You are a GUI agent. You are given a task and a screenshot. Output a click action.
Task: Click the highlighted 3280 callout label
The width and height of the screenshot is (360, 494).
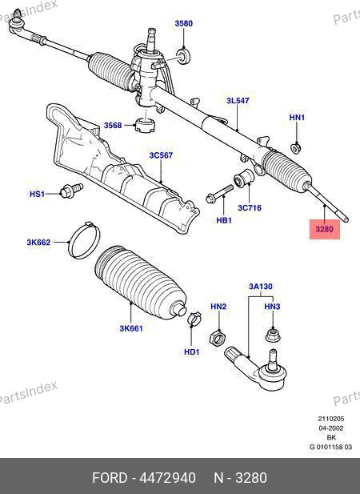(x=325, y=229)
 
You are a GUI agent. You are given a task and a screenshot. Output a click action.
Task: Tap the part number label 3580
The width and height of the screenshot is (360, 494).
(x=184, y=23)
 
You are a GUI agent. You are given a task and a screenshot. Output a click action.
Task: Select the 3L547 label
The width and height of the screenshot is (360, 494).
(x=238, y=101)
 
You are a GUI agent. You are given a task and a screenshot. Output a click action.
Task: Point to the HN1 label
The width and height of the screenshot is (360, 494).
(x=297, y=118)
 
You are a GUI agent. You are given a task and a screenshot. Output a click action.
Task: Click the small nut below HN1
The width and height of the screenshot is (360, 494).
(x=295, y=148)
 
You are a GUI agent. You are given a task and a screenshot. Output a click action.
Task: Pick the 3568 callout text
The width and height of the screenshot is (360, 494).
(x=113, y=126)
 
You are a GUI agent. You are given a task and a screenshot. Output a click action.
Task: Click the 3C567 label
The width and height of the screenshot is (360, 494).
(x=161, y=155)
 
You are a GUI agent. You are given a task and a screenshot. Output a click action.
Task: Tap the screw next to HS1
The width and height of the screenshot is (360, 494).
(x=71, y=190)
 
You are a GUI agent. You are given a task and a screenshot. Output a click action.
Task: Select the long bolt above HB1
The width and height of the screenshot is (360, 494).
(x=220, y=194)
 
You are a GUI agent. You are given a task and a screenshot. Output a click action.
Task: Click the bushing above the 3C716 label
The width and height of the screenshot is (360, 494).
(x=245, y=178)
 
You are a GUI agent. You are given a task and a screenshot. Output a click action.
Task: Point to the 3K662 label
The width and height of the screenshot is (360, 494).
(x=38, y=243)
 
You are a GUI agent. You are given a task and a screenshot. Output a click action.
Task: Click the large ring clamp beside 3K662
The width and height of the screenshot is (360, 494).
(x=84, y=240)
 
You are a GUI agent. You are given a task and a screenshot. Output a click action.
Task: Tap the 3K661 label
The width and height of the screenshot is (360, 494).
(x=131, y=328)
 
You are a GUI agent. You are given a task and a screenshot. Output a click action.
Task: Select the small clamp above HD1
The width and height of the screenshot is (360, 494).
(x=194, y=318)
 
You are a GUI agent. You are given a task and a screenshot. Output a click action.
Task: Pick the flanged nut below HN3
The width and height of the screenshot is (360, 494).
(x=272, y=335)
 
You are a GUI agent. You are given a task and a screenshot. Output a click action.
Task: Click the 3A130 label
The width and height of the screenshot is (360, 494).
(x=261, y=287)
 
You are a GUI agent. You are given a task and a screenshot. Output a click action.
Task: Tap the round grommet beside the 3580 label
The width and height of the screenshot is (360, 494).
(x=183, y=56)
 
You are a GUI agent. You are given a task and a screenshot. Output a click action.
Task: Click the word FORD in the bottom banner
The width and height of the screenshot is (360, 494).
(x=110, y=478)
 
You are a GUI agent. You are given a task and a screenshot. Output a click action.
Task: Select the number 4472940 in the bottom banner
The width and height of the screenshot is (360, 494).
(x=167, y=478)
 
